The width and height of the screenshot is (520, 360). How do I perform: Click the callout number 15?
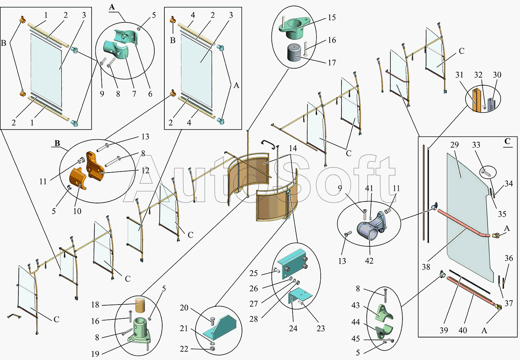click(332, 18)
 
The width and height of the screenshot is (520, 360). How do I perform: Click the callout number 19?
click(95, 354)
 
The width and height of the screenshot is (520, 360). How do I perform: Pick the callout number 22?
click(184, 349)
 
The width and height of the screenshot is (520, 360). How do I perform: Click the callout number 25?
click(254, 273)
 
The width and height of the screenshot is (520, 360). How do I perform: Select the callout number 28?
click(254, 319)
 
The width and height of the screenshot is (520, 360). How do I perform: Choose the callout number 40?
click(463, 330)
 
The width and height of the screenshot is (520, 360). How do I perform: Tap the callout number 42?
click(369, 261)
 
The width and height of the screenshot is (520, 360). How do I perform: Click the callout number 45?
click(356, 339)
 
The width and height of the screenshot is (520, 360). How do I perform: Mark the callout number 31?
click(459, 75)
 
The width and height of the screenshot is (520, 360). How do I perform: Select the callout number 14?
click(293, 149)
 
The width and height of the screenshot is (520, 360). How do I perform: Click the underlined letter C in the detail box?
click(508, 141)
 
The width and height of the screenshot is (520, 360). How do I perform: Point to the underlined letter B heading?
click(57, 143)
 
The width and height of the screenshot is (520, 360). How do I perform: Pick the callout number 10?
click(77, 211)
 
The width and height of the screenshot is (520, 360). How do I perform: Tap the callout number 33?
click(476, 145)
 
